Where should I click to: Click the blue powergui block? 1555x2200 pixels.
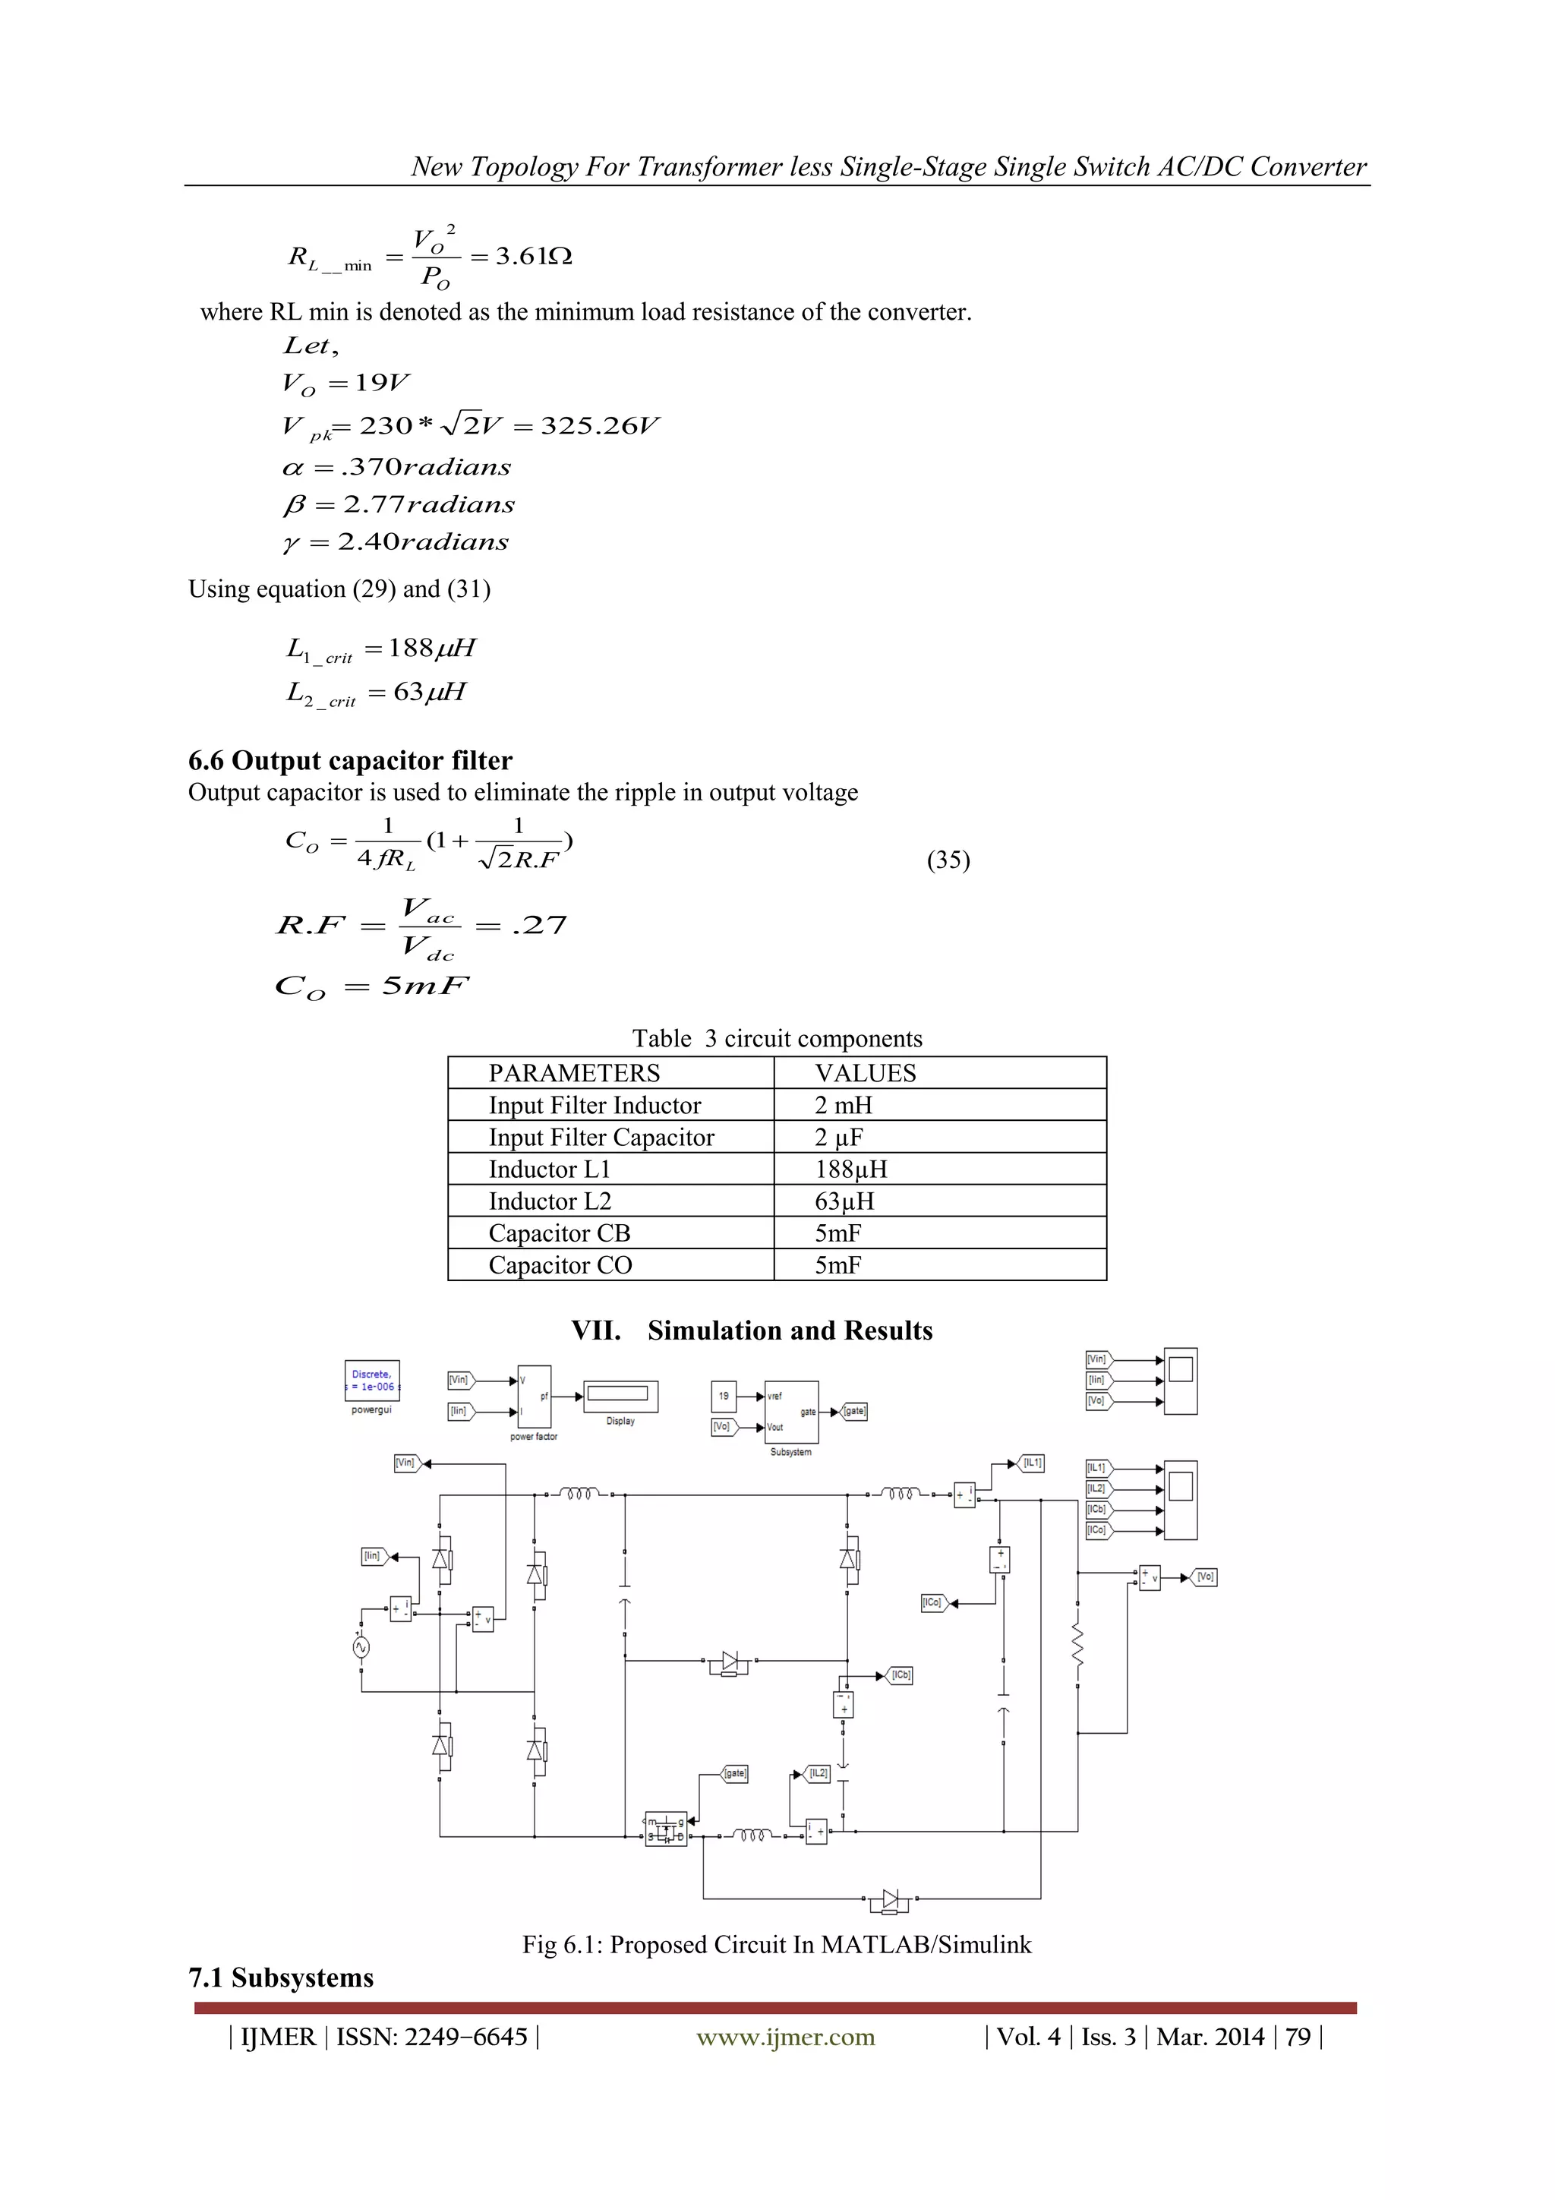[372, 1381]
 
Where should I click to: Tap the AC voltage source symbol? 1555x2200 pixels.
[361, 1647]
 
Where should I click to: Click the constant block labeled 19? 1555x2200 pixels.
[724, 1396]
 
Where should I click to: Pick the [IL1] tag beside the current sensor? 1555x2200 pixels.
[1032, 1463]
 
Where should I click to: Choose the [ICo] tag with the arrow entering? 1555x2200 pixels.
[933, 1602]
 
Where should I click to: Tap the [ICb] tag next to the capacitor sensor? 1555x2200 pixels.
[901, 1675]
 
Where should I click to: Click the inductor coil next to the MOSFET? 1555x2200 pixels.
[753, 1834]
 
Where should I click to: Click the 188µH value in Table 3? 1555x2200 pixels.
[851, 1169]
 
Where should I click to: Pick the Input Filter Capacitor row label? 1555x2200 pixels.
[601, 1138]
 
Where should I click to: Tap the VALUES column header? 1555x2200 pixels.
[865, 1073]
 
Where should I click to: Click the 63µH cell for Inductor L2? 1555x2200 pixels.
[844, 1201]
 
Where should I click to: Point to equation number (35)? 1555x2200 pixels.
[948, 860]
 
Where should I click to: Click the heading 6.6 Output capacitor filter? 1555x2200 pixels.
[350, 761]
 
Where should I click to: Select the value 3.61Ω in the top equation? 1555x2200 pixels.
[534, 257]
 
